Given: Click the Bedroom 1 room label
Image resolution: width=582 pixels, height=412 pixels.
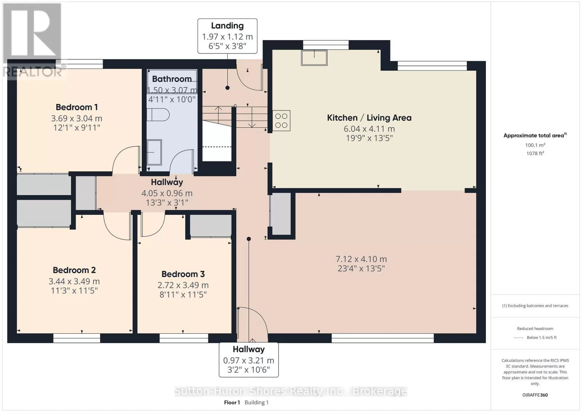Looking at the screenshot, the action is coord(77,107).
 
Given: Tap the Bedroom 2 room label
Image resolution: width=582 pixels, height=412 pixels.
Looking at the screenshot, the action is coord(74,270).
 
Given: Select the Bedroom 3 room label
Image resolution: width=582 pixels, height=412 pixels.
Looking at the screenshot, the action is coord(183,274).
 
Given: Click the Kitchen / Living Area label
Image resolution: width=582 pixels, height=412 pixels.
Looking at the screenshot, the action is coord(369,118).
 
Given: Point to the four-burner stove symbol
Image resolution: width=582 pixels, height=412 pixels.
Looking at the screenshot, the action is coord(281,120).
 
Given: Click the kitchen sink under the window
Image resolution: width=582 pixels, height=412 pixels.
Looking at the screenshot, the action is coord(314,58).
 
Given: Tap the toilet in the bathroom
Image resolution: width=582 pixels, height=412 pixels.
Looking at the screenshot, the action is coord(158,115).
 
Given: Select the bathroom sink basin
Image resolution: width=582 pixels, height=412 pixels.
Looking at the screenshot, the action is coord(154,152).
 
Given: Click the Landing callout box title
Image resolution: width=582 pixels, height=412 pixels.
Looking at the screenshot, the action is coord(227,26).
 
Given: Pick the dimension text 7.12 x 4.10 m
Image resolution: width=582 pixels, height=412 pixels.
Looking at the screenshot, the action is coord(361,259).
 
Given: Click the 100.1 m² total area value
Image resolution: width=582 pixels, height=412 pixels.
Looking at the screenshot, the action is coord(535,145).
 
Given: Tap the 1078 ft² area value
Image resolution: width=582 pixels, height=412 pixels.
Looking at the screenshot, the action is coord(535,153).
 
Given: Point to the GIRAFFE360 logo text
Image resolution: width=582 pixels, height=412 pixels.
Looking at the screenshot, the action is coord(535,395).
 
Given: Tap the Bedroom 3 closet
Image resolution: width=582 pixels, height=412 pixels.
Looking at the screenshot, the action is coord(211,226).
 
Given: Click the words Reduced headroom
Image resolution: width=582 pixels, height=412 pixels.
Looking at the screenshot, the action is coord(535,329).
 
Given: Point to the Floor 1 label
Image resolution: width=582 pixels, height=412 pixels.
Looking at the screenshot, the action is coord(232,403).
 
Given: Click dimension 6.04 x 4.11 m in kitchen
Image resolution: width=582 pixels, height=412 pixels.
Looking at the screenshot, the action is coord(369,129).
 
